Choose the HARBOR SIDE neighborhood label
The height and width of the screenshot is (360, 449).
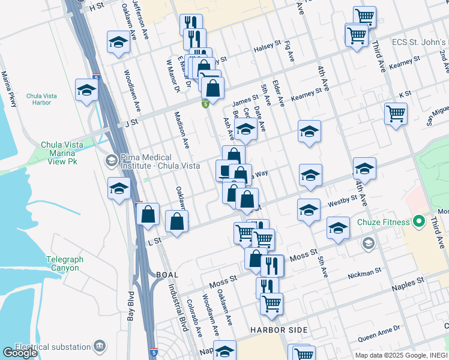[279, 330]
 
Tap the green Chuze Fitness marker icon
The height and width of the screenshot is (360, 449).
[418, 222]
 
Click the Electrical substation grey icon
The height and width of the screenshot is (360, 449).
[100, 346]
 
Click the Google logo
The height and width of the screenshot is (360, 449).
[20, 353]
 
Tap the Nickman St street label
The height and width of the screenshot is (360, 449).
[364, 274]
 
